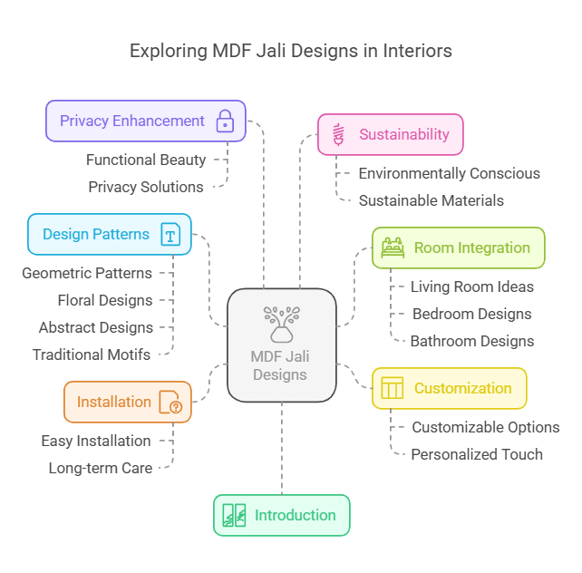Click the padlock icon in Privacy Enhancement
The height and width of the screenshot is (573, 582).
(224, 121)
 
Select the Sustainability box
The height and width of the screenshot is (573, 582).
(390, 134)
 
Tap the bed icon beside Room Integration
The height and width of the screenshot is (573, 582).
(393, 248)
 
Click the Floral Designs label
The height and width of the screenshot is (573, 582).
(105, 300)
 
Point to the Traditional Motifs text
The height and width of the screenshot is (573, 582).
(92, 354)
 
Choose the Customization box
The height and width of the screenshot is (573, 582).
(449, 388)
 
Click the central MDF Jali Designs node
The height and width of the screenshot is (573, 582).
(281, 345)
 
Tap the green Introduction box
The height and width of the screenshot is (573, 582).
(281, 515)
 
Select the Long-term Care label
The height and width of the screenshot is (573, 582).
(100, 468)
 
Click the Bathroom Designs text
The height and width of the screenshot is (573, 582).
(471, 341)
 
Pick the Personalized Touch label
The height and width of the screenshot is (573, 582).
(477, 454)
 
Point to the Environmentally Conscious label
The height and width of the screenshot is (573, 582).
(449, 173)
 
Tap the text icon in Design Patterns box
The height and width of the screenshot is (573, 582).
(170, 235)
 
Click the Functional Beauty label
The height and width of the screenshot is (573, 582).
(146, 160)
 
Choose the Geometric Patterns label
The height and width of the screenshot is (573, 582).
(87, 273)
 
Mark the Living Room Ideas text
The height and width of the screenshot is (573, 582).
(471, 286)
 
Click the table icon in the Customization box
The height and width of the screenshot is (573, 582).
(392, 388)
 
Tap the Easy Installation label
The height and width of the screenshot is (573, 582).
(96, 441)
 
